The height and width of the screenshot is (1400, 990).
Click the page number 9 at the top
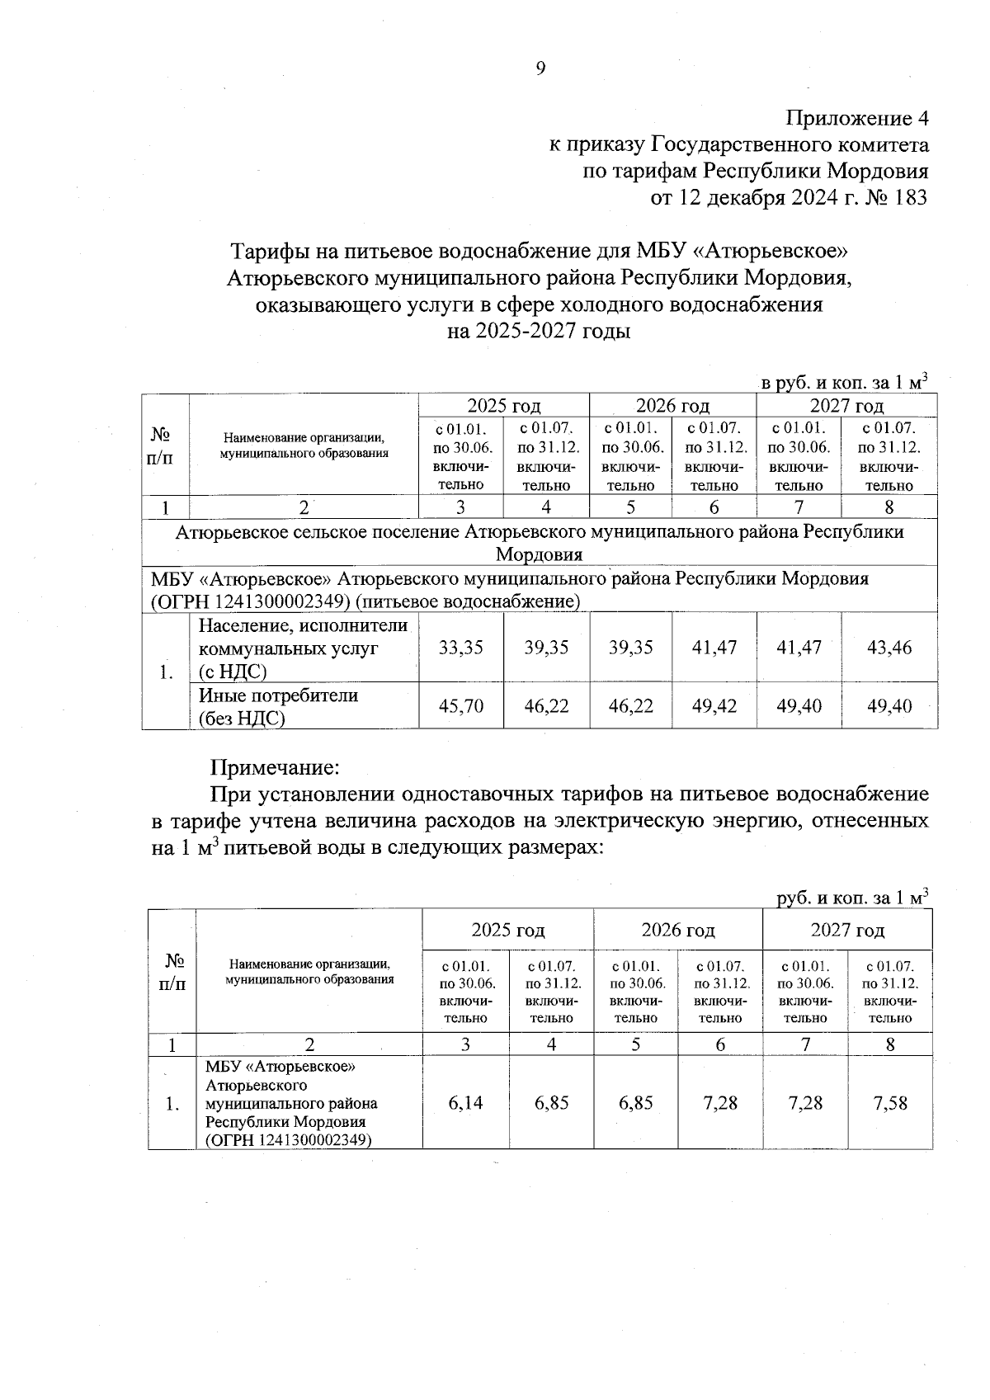pos(540,68)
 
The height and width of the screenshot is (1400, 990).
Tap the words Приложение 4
pos(857,118)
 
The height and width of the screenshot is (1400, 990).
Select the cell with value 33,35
pos(460,648)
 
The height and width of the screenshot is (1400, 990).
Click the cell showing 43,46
pos(889,648)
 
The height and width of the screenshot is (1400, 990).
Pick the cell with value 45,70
pos(460,706)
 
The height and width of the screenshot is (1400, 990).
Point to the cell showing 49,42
pos(714,706)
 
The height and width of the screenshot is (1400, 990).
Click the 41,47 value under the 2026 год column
pos(714,648)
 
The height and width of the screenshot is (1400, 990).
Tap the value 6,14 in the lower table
pos(465,1103)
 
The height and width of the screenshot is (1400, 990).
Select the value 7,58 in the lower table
pos(890,1103)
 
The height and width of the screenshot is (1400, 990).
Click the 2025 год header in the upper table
pos(503,406)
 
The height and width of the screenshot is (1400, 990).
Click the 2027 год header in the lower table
pos(847,931)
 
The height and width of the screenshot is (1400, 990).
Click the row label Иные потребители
pos(278,695)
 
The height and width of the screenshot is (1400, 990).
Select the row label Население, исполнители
pos(303,626)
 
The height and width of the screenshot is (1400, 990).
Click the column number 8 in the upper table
pos(889,507)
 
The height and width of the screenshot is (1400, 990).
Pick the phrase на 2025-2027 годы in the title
pos(538,332)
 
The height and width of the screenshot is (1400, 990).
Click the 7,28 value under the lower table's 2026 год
pos(720,1103)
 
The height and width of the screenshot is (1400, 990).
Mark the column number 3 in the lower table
pos(465,1044)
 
